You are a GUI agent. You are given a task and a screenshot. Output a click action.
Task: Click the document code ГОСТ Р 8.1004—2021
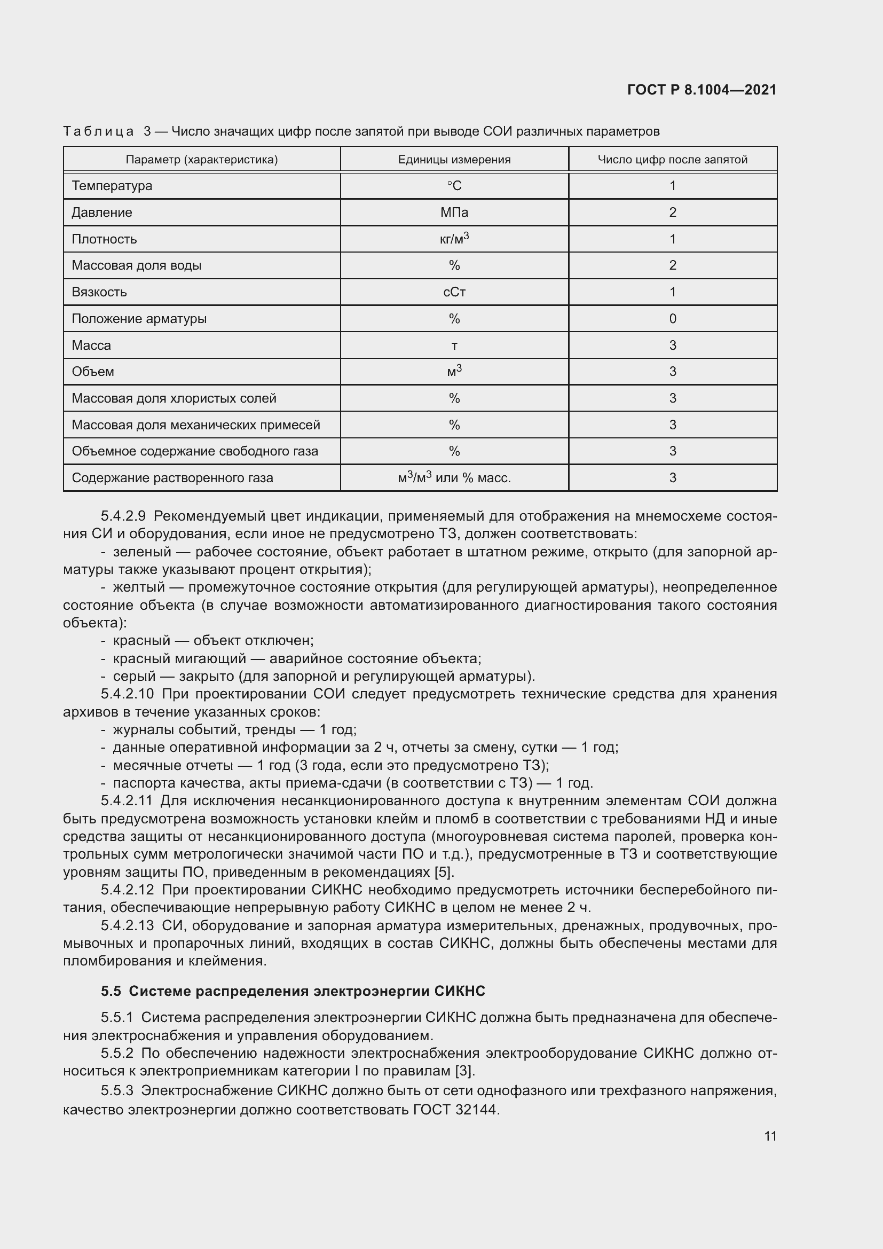click(701, 90)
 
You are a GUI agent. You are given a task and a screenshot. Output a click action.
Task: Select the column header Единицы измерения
click(454, 159)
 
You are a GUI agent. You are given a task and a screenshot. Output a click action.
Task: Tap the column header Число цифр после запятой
click(673, 159)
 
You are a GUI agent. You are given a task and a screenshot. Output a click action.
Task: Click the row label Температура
click(112, 185)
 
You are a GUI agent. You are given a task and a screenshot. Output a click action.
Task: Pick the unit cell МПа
click(454, 212)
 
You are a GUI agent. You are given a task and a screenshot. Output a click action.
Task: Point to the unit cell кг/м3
click(454, 239)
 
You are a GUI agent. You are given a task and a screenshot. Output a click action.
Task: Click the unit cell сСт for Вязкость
click(454, 292)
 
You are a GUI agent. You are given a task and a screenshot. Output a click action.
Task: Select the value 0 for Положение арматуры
click(673, 319)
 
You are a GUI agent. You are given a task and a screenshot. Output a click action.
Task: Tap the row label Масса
click(91, 345)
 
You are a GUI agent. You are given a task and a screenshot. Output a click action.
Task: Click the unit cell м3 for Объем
click(454, 372)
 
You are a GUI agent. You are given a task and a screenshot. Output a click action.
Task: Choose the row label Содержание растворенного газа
click(172, 478)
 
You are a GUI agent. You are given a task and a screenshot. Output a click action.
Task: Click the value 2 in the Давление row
click(673, 212)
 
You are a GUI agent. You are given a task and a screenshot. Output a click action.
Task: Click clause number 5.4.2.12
click(127, 890)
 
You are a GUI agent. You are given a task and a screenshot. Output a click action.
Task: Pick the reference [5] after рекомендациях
click(444, 873)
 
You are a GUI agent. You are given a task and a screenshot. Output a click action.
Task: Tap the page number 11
click(770, 1136)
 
